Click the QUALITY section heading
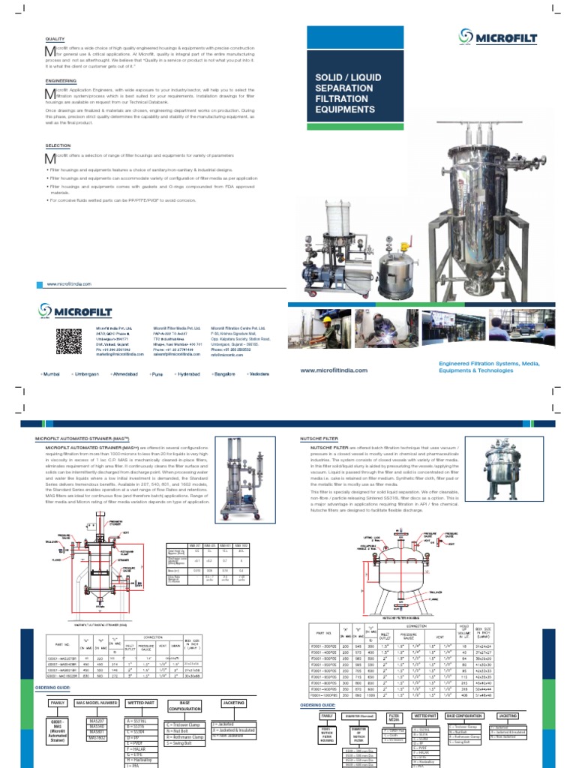55,39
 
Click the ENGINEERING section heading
61,80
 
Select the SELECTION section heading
58,145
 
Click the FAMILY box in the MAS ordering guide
58,703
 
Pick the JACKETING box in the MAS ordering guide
234,703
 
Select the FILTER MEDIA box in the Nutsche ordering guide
391,716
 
